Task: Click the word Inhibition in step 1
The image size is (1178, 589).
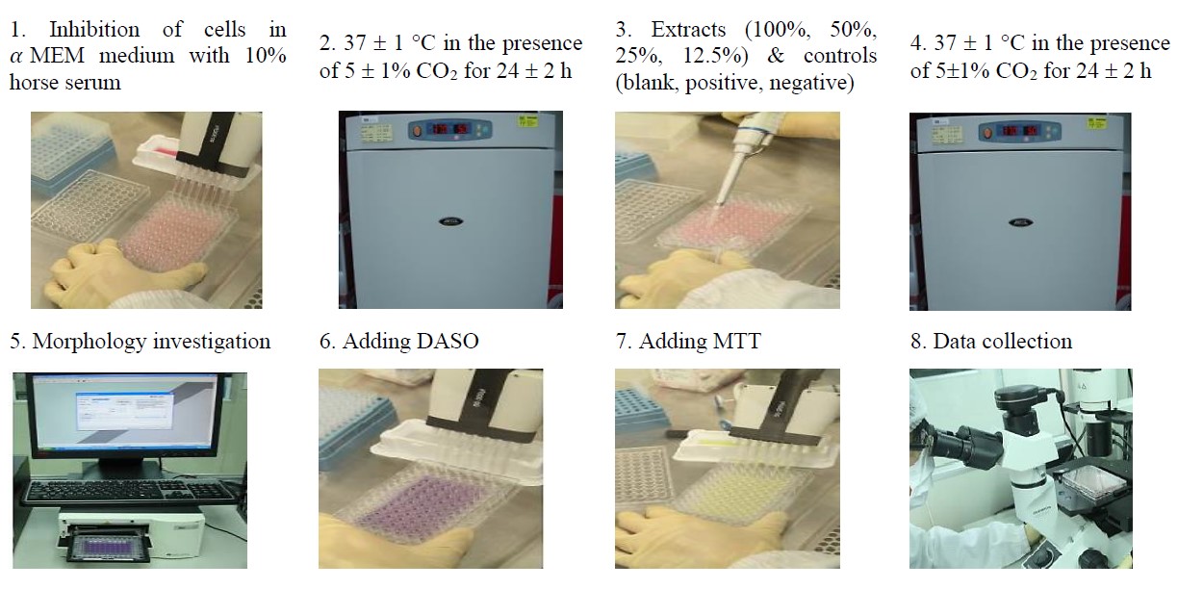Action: [94, 30]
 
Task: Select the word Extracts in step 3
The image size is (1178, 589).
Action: [688, 30]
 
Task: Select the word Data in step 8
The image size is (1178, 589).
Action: [954, 342]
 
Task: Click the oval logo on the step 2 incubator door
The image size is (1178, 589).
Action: [450, 221]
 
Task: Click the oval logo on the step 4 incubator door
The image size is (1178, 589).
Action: [1021, 222]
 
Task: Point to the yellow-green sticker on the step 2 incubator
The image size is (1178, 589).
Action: [527, 121]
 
